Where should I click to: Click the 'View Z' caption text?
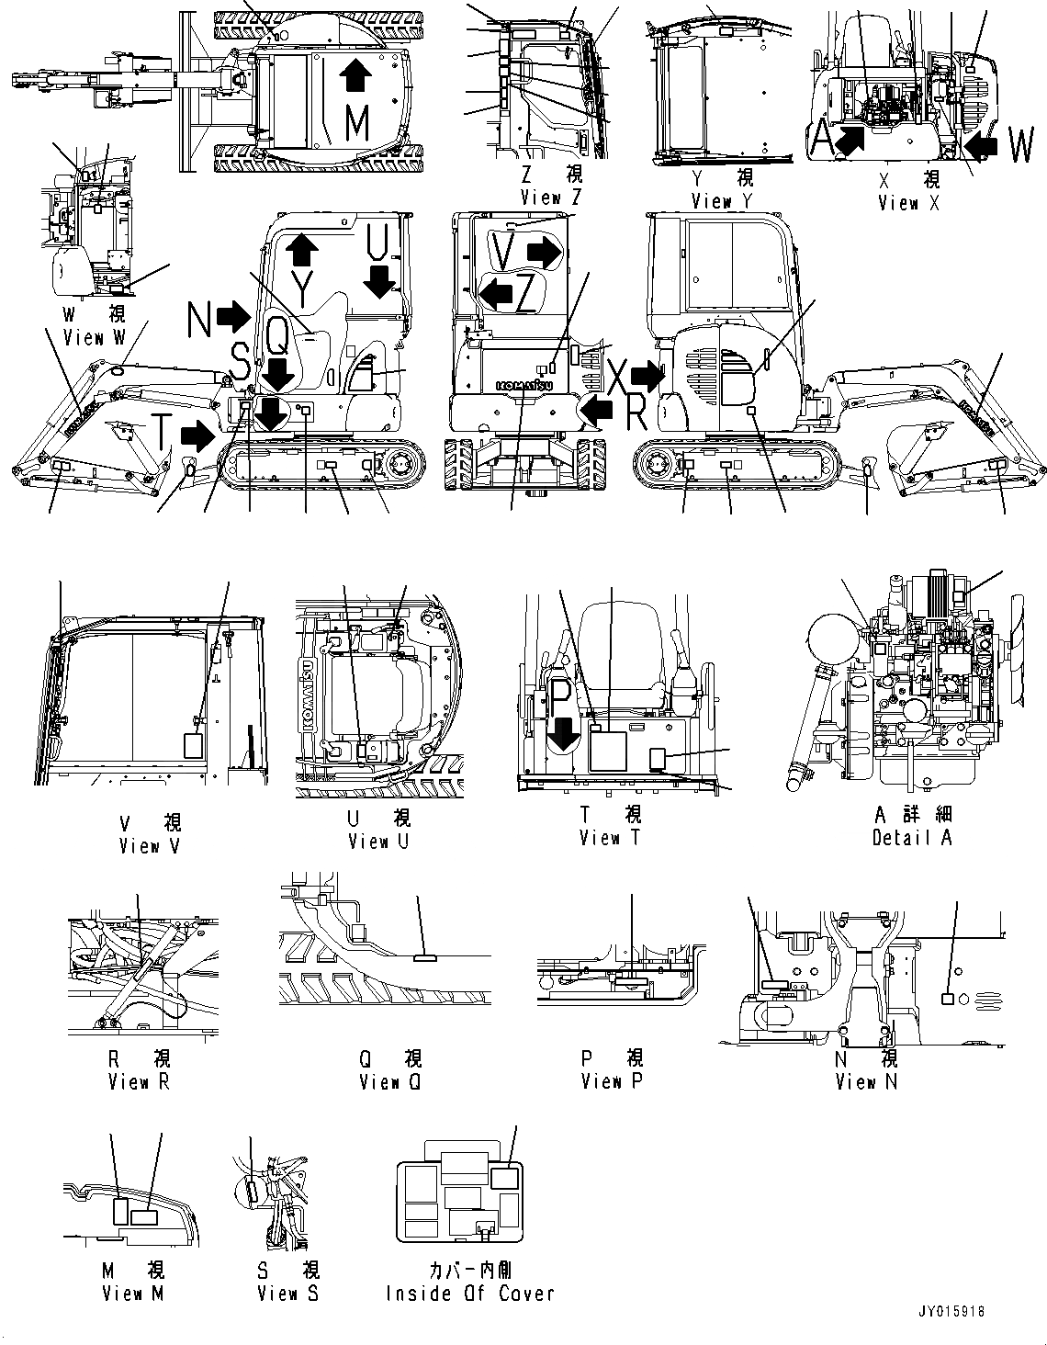(550, 198)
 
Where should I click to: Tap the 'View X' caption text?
(908, 203)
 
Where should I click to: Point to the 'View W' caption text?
(94, 338)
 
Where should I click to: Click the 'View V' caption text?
(149, 846)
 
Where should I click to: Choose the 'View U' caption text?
(378, 842)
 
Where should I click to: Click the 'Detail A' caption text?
(912, 838)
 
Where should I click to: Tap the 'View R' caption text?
(139, 1082)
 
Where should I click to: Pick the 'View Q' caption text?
(389, 1082)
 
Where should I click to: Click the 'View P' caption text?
(611, 1081)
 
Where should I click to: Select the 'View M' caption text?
(135, 1294)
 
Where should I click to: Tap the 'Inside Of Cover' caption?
(470, 1294)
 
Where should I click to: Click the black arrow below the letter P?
(564, 732)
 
